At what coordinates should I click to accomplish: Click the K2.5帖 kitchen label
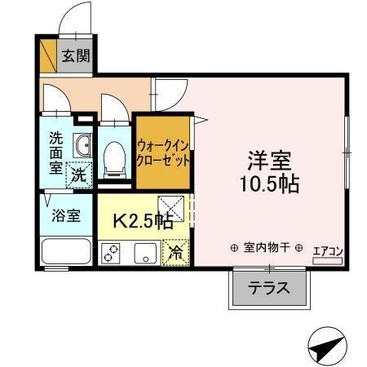[142, 219]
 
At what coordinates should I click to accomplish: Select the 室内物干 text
[266, 248]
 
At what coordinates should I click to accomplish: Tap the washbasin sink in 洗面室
[82, 146]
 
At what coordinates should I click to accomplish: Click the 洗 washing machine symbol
[78, 174]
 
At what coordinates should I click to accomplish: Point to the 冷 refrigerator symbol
[175, 253]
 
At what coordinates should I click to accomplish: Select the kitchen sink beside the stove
[145, 253]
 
